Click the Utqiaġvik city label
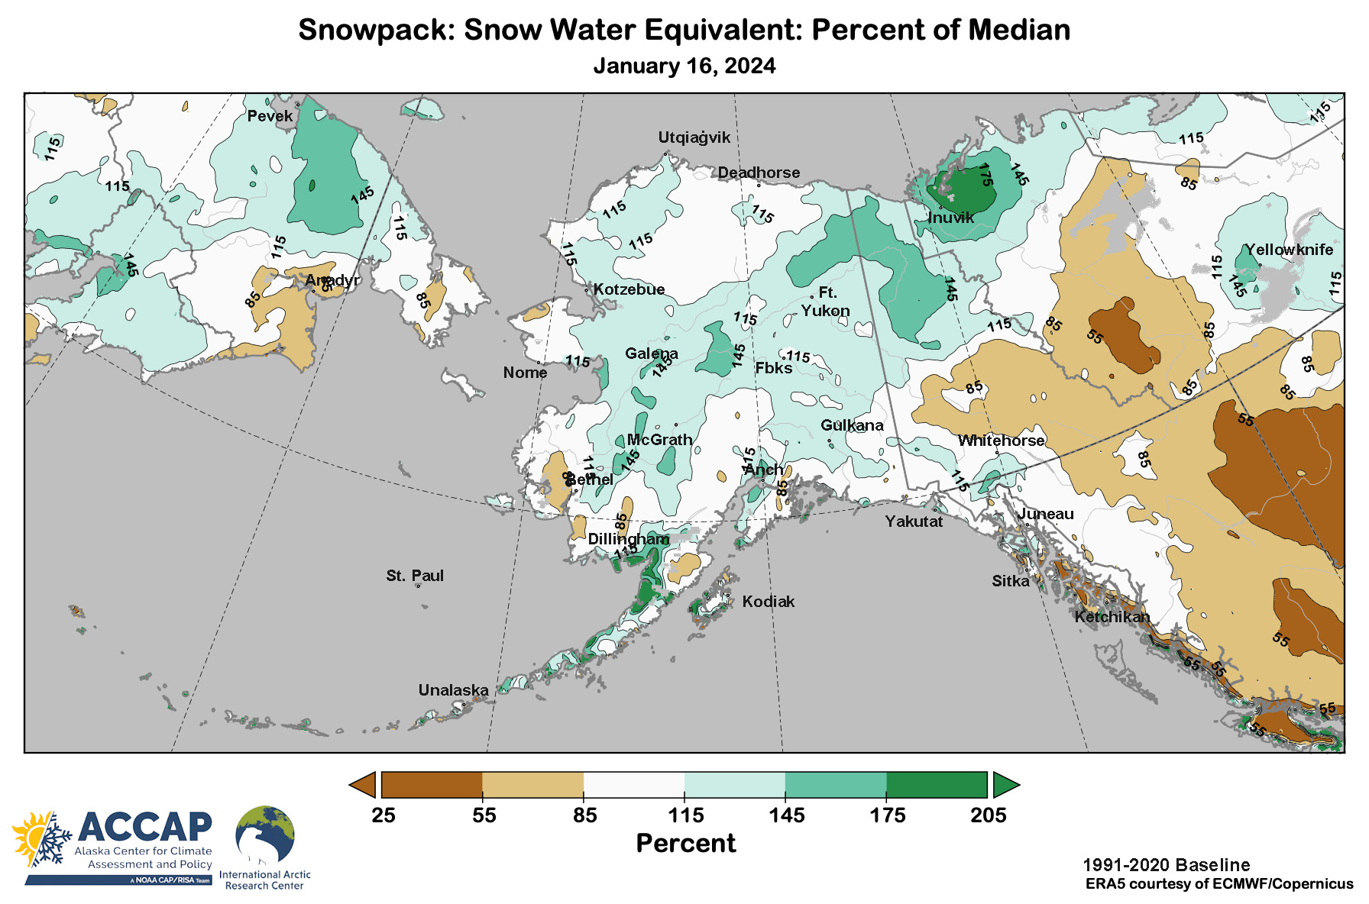point(694,137)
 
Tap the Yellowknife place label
point(1289,250)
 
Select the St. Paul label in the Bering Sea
point(414,576)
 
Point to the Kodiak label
point(769,602)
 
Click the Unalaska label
point(453,690)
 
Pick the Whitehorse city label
point(1001,441)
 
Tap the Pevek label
point(270,116)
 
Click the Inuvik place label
point(950,218)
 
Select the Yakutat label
point(914,521)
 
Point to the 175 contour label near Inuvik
point(985,175)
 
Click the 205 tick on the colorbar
point(988,815)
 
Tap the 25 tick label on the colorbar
point(384,815)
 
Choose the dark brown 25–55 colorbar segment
point(432,785)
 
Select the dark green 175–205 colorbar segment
point(937,785)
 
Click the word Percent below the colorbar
point(685,843)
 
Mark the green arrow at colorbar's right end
point(1005,785)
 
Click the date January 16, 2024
point(684,66)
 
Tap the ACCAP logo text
point(144,826)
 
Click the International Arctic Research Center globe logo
point(264,835)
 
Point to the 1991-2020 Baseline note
point(1166,865)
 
